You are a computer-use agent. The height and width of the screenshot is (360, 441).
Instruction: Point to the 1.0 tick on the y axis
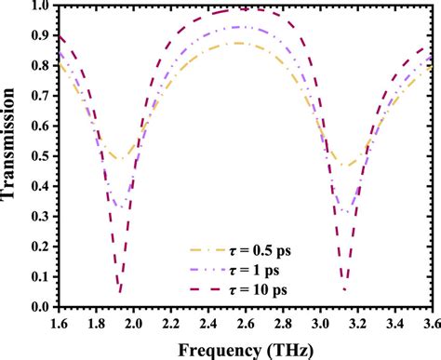(35, 7)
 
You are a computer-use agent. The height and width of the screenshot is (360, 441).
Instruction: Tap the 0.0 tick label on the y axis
(35, 307)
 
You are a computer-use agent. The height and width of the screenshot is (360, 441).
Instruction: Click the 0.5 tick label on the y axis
(35, 157)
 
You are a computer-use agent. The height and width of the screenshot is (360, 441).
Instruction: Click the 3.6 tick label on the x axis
(430, 322)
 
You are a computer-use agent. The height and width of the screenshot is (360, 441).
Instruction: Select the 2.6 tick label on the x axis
(243, 322)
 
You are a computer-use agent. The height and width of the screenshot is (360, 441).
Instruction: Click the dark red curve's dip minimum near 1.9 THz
(120, 291)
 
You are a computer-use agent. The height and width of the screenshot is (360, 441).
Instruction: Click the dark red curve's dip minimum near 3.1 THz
(344, 289)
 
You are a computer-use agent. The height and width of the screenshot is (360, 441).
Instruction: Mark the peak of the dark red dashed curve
(240, 10)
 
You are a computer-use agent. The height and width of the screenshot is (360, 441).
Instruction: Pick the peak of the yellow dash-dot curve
(240, 44)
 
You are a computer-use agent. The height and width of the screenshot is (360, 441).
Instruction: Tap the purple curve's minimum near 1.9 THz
(120, 207)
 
